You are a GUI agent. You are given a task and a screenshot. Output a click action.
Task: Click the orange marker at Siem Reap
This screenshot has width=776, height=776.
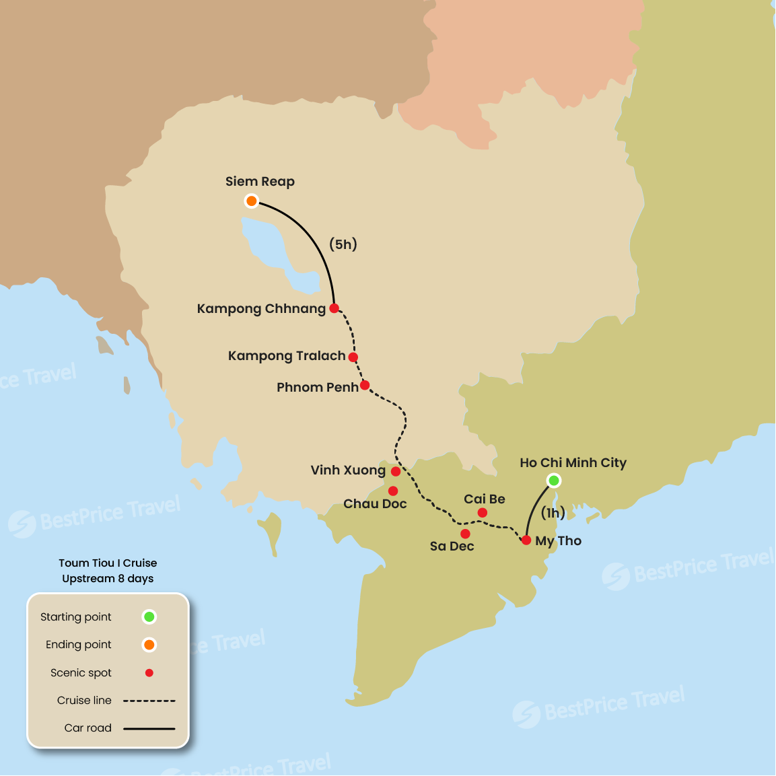point(251,201)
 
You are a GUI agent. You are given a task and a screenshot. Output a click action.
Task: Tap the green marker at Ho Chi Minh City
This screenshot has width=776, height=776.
point(553,481)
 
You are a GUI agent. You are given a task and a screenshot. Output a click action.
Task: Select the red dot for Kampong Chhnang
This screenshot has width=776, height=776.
point(334,308)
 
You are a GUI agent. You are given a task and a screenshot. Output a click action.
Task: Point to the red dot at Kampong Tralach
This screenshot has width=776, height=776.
point(353,357)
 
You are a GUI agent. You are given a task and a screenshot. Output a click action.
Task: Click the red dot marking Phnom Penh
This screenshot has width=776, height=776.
point(365,386)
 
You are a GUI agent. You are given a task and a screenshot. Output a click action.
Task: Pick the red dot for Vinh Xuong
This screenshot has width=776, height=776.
point(396,472)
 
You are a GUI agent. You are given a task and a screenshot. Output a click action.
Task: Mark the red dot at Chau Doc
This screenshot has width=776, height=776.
point(393,491)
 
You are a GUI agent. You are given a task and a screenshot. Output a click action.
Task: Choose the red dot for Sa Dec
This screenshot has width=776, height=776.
point(465,534)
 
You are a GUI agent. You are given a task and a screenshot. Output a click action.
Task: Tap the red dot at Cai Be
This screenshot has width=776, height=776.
point(483,513)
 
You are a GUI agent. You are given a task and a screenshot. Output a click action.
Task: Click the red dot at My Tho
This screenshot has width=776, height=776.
point(526,540)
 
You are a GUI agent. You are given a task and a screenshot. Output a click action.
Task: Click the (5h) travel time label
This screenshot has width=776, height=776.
point(343,244)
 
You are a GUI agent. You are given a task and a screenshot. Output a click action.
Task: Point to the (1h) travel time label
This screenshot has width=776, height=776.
point(553,514)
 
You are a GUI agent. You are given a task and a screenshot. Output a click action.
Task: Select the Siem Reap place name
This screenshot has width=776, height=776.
point(260,182)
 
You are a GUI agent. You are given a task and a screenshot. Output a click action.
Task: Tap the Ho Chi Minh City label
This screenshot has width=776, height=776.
point(573,463)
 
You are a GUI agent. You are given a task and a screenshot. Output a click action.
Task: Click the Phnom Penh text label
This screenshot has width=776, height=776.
point(317,388)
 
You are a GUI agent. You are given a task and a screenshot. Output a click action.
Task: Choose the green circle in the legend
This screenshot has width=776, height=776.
point(149,616)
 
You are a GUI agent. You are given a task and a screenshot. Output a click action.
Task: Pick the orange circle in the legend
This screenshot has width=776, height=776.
point(149,645)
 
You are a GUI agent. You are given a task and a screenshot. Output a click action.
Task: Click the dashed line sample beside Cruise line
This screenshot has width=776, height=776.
point(149,701)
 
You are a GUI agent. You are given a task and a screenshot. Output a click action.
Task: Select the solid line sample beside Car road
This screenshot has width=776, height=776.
point(149,728)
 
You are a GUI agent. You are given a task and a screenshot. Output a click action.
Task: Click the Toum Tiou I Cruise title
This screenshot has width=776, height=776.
point(108,563)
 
